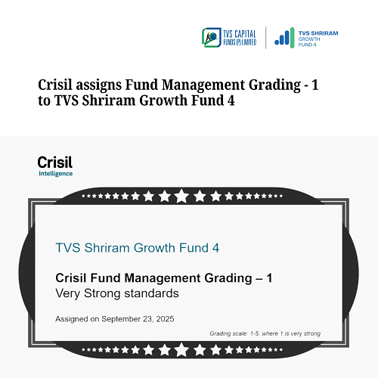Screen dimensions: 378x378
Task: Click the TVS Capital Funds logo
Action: pyautogui.click(x=229, y=37)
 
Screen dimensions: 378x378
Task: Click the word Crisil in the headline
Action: pyautogui.click(x=56, y=85)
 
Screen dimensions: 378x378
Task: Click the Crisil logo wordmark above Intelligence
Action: pyautogui.click(x=54, y=163)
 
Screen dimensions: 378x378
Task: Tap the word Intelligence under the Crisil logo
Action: pyautogui.click(x=55, y=174)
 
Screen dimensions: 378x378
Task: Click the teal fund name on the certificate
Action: pyautogui.click(x=138, y=248)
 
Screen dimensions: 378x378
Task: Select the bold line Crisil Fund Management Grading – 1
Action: pyautogui.click(x=164, y=278)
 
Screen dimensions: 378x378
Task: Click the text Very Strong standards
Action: pyautogui.click(x=117, y=293)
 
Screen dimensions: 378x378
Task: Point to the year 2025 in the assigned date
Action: pyautogui.click(x=162, y=319)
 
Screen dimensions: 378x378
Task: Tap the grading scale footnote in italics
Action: pyautogui.click(x=265, y=333)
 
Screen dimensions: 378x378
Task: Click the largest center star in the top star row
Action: pyautogui.click(x=182, y=197)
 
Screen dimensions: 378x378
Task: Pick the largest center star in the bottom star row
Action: pyautogui.click(x=182, y=350)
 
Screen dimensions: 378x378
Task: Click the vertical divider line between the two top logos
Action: pyautogui.click(x=265, y=37)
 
